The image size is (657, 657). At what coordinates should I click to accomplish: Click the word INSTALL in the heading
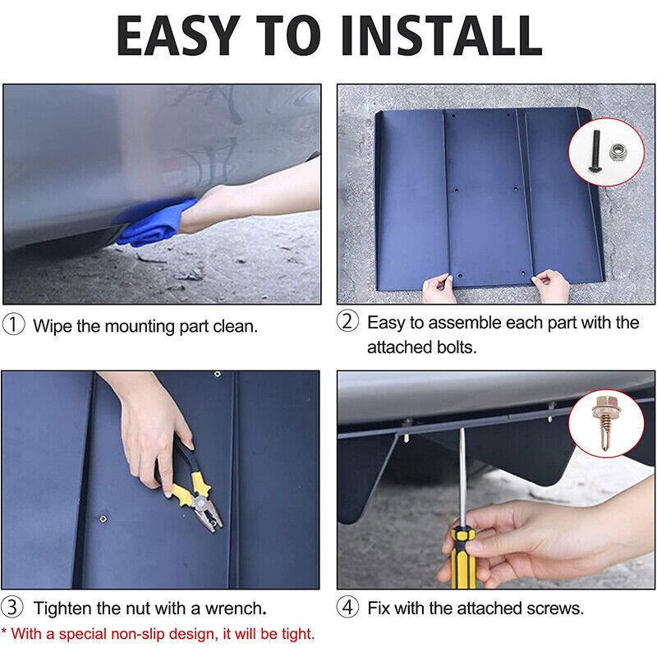(x=441, y=35)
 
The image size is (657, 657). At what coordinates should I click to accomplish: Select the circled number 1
(x=13, y=325)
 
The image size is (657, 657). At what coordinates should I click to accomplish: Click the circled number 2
(x=347, y=321)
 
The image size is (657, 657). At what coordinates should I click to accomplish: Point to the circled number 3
(x=12, y=607)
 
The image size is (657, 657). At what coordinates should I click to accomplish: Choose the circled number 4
(x=347, y=607)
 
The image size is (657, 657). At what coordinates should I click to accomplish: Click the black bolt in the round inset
(x=595, y=151)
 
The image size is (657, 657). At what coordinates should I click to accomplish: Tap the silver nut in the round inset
(x=618, y=152)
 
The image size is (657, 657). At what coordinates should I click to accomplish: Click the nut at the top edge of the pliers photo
(x=218, y=374)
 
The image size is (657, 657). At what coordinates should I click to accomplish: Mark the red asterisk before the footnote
(x=4, y=631)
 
